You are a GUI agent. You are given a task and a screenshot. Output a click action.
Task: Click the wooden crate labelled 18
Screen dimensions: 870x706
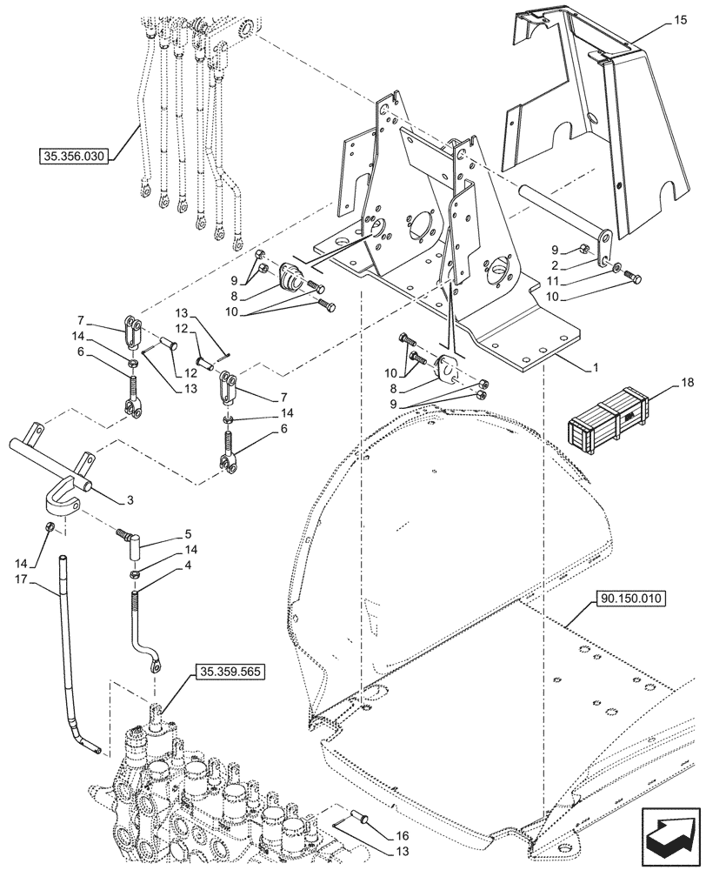tap(604, 423)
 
